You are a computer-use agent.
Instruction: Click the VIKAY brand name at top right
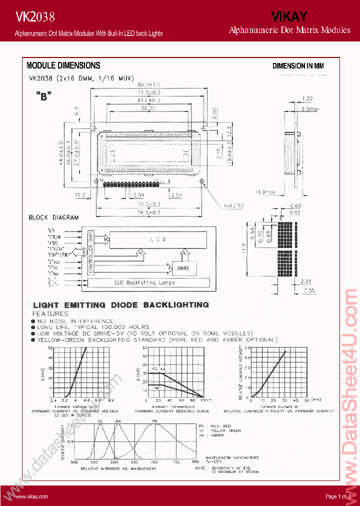click(289, 17)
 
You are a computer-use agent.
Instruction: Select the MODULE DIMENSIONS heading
click(63, 65)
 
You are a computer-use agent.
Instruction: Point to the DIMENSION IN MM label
click(298, 66)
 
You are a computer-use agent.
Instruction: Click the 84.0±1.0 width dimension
click(148, 84)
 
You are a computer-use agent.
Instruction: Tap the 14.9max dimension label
click(265, 191)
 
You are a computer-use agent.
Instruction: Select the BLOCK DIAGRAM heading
click(53, 217)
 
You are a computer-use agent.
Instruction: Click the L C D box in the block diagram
click(158, 239)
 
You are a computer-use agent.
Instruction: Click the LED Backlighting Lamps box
click(144, 283)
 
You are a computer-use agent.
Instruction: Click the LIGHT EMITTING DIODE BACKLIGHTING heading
click(120, 304)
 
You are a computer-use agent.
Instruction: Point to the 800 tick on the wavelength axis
click(195, 462)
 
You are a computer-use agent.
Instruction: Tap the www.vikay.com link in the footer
click(31, 496)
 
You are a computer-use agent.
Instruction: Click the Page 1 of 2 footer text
click(338, 496)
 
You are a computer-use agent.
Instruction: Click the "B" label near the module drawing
click(44, 97)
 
